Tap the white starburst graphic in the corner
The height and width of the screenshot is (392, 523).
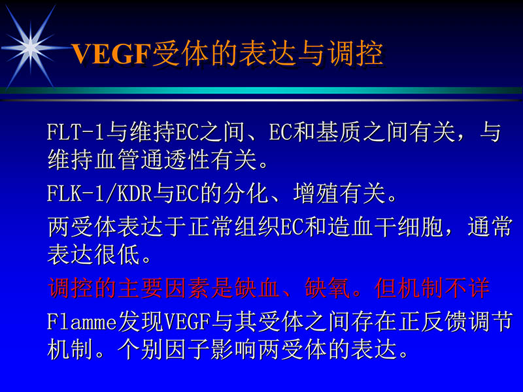point(30,45)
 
